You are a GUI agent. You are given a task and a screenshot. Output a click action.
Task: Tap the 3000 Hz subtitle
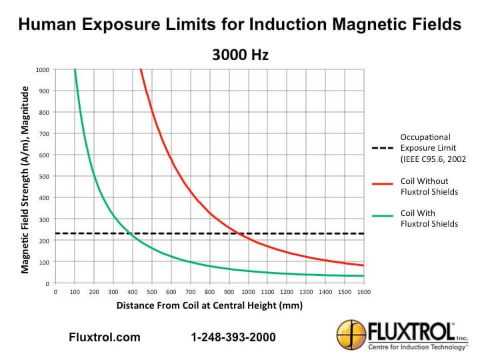click(x=240, y=55)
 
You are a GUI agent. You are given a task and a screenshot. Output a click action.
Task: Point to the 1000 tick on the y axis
click(x=43, y=69)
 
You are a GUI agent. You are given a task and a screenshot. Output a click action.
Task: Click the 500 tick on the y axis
click(x=45, y=176)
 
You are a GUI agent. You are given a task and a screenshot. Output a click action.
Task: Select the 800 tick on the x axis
click(x=210, y=291)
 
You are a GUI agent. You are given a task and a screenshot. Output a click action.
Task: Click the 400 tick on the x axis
click(x=133, y=291)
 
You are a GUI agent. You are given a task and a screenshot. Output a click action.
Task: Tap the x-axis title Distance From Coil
click(x=209, y=306)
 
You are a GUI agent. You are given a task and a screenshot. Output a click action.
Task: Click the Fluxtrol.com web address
click(x=105, y=337)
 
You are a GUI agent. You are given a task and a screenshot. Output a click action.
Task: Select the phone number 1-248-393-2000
click(x=233, y=337)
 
